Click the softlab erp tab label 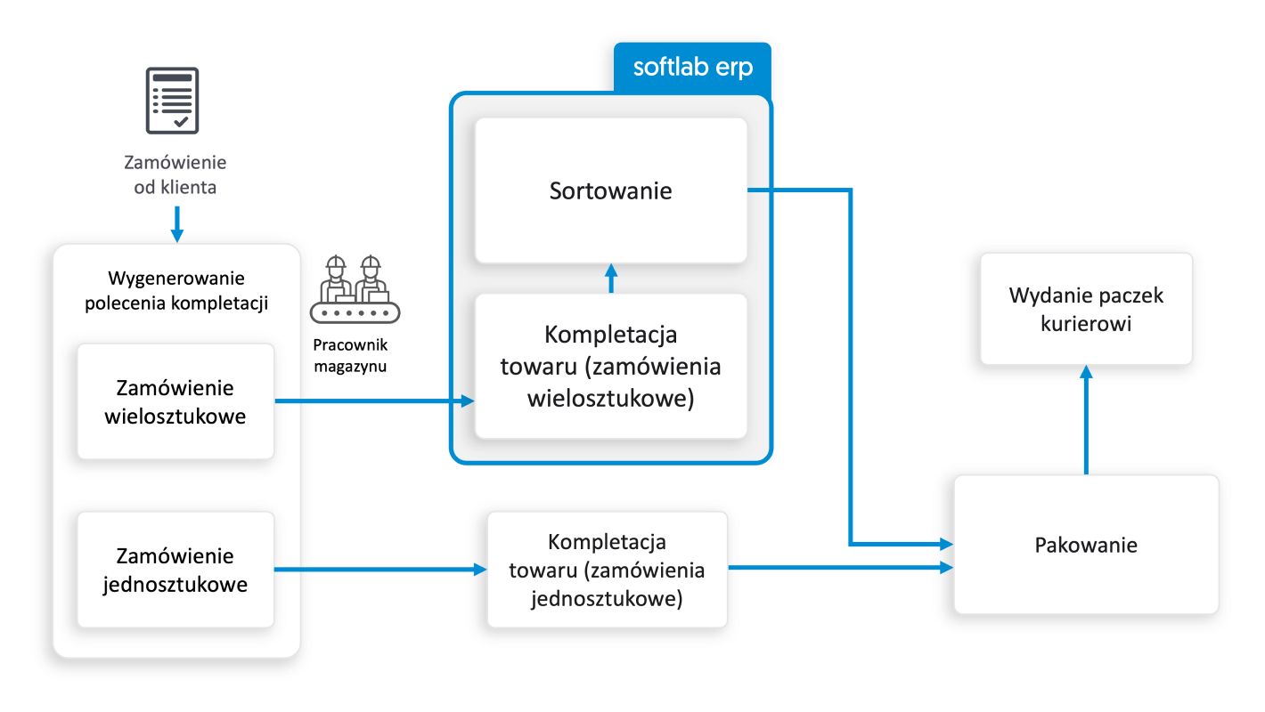click(692, 68)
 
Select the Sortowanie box click(610, 190)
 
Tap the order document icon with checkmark click(172, 100)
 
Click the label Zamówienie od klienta click(175, 175)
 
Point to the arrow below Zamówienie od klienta click(176, 224)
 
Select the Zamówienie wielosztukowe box click(175, 401)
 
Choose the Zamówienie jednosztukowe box click(175, 570)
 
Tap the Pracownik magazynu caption click(351, 354)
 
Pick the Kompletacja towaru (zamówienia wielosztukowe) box click(610, 366)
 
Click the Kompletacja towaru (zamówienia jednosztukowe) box click(607, 570)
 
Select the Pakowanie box click(1086, 545)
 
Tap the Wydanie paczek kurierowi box click(1086, 309)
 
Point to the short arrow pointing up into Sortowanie click(610, 279)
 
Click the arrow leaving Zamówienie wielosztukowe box click(374, 401)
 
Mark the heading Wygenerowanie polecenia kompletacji click(176, 290)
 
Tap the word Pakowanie click(1086, 545)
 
